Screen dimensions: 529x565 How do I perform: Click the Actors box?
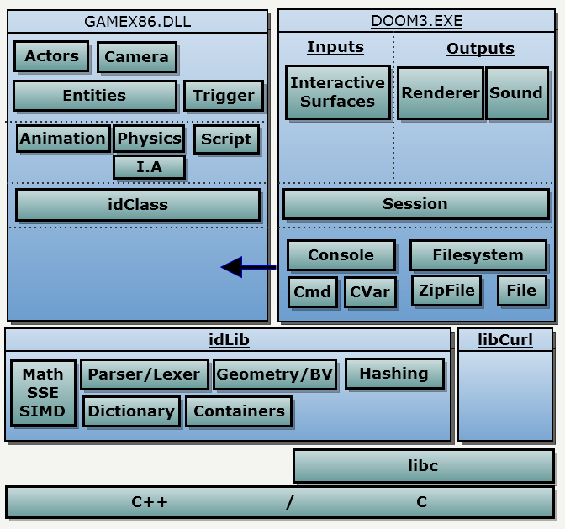click(x=51, y=57)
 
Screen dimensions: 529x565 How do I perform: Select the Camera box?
click(x=136, y=58)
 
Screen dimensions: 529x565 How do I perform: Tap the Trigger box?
click(x=223, y=96)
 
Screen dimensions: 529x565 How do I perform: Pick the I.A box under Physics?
click(x=149, y=168)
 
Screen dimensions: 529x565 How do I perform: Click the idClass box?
click(x=137, y=205)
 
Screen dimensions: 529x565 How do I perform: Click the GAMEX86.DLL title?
click(x=137, y=22)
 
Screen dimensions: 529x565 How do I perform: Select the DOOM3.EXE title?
click(x=416, y=21)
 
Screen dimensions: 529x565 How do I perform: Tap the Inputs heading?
click(x=335, y=47)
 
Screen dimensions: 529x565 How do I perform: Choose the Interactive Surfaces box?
click(x=337, y=92)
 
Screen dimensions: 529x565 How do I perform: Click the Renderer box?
click(x=440, y=93)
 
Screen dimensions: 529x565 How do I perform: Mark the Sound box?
click(x=516, y=93)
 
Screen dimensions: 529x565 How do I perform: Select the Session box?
click(x=415, y=204)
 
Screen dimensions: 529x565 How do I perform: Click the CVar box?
click(x=370, y=292)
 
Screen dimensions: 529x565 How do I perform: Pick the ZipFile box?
click(x=446, y=291)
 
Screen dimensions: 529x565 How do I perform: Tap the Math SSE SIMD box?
click(x=43, y=393)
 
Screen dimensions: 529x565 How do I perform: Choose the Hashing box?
click(x=393, y=374)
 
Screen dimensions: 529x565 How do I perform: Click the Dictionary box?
click(x=131, y=411)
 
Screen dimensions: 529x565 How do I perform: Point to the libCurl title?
click(x=505, y=340)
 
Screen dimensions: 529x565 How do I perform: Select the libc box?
click(x=423, y=466)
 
